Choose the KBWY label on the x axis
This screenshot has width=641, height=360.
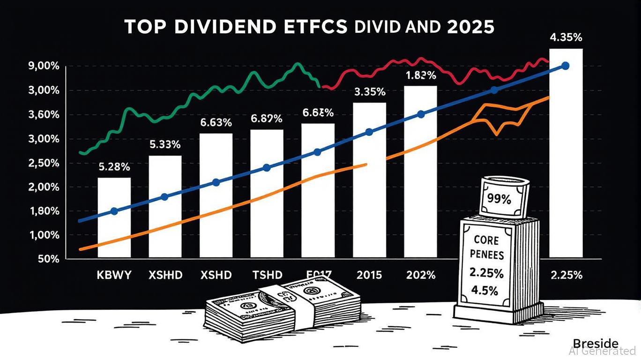coord(114,275)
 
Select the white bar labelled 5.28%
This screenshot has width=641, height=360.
coord(114,217)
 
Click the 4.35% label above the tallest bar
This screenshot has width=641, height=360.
coord(566,38)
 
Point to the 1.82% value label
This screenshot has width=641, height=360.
coord(421,75)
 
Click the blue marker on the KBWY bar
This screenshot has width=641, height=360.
coord(114,211)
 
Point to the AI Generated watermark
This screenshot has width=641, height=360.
coord(602,351)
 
